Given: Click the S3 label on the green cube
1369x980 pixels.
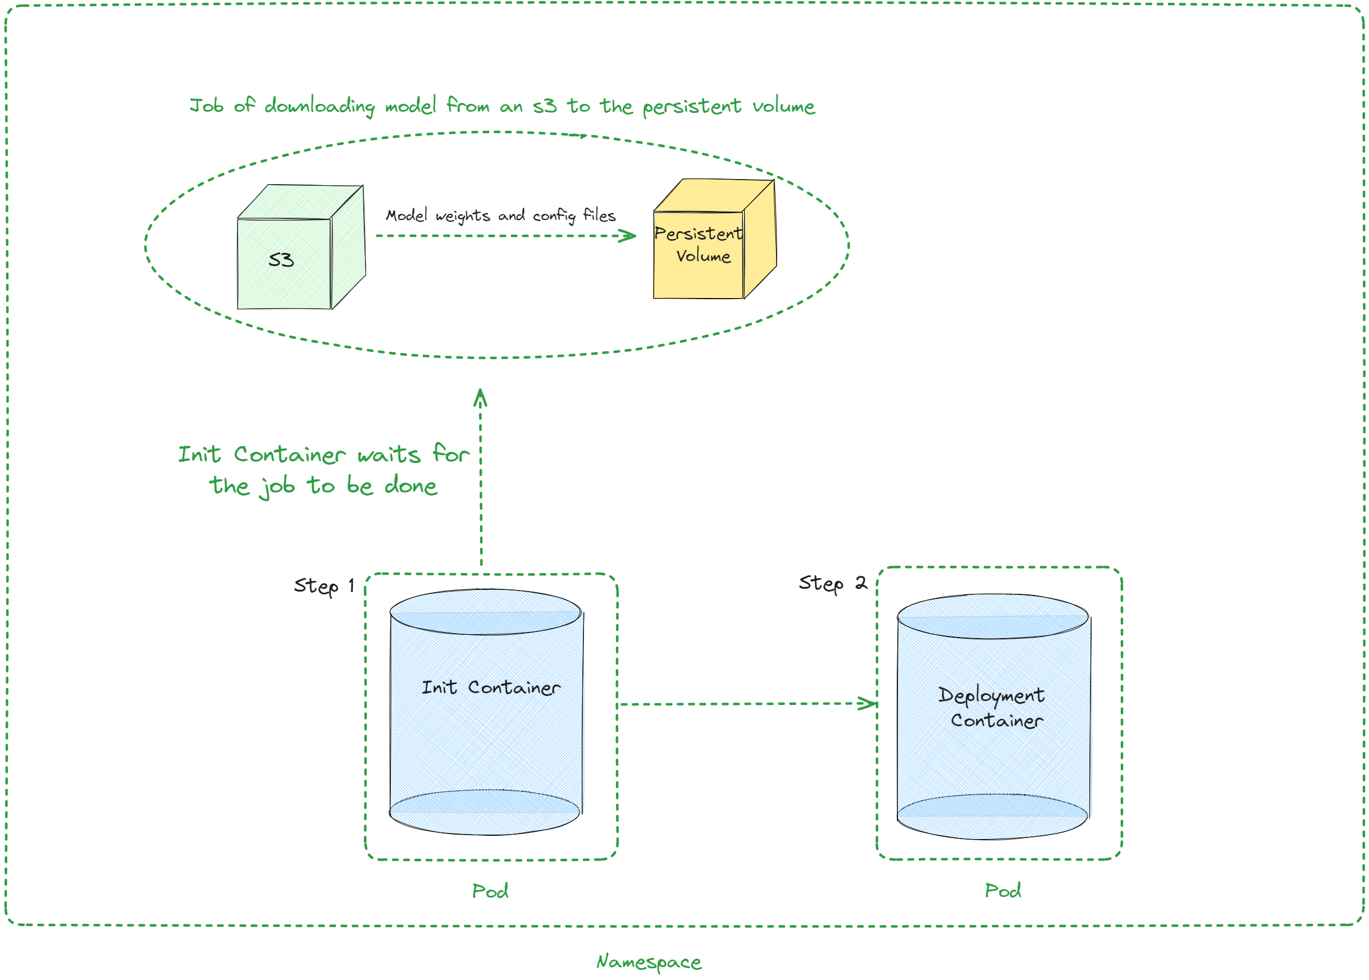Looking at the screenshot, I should [x=281, y=260].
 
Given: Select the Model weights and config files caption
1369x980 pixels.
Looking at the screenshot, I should [x=500, y=216].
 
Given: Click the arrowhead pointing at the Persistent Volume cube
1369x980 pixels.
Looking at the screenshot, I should [x=629, y=235].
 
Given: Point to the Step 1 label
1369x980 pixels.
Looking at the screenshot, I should [x=323, y=586].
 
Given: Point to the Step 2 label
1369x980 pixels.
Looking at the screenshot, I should [x=832, y=584].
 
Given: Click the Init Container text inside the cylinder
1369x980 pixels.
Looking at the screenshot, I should [x=490, y=688].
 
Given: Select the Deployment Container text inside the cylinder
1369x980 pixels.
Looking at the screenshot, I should [x=992, y=707].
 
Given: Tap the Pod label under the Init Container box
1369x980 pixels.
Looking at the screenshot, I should [x=490, y=891].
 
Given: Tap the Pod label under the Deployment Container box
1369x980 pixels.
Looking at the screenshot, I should [x=1003, y=891].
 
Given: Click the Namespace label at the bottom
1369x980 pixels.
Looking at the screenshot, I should [x=649, y=962].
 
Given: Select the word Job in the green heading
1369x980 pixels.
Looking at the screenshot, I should [x=207, y=106].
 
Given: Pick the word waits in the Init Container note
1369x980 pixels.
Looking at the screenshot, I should [x=388, y=455].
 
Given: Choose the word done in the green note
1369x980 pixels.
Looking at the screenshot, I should [x=410, y=486].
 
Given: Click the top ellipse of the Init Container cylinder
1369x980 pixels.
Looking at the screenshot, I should [x=485, y=612].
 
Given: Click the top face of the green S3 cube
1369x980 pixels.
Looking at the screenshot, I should [x=300, y=202].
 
